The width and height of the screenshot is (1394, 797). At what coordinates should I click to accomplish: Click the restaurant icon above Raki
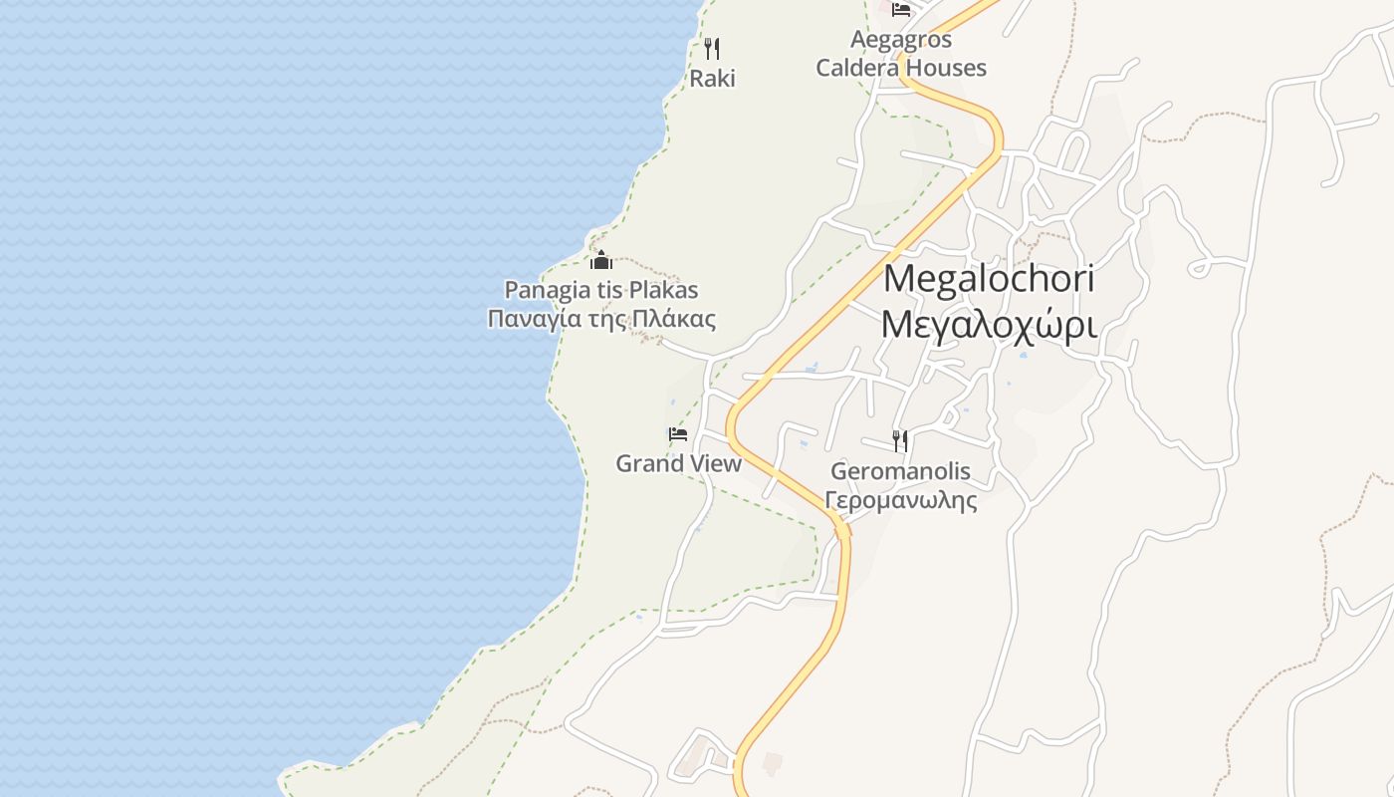[x=712, y=48]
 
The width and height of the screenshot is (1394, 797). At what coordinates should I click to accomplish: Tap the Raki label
[x=713, y=79]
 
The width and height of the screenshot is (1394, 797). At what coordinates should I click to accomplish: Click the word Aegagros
[x=901, y=40]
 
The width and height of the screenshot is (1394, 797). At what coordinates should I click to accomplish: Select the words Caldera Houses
[x=901, y=68]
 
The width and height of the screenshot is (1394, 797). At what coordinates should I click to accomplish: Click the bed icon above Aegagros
[x=901, y=10]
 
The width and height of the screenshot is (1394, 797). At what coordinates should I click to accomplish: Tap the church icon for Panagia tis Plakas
[x=601, y=261]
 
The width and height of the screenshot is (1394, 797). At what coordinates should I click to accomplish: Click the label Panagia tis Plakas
[x=601, y=290]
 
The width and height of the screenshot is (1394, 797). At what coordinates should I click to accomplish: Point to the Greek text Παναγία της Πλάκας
[x=601, y=319]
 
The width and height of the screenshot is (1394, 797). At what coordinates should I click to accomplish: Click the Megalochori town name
[x=989, y=279]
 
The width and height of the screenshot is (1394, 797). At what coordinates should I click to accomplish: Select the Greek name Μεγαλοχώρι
[x=989, y=325]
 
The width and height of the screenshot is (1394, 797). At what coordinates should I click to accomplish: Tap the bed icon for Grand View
[x=678, y=434]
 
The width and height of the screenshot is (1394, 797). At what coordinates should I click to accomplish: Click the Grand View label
[x=678, y=463]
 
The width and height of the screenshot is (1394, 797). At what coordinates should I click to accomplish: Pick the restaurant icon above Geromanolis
[x=900, y=440]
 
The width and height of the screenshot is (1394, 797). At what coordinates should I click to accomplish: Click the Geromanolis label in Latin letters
[x=900, y=470]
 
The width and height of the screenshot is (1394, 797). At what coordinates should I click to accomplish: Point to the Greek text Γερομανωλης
[x=901, y=499]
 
